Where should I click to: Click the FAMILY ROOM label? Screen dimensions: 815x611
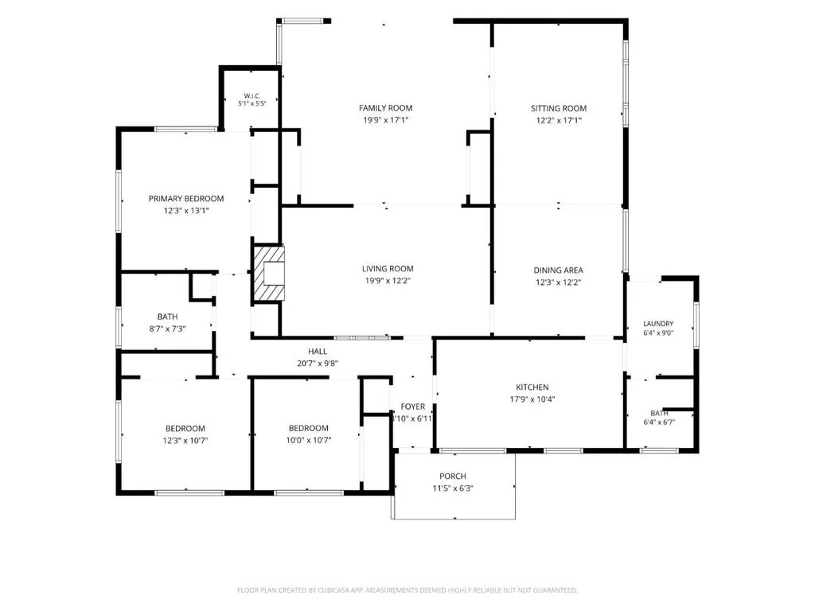pyautogui.click(x=385, y=108)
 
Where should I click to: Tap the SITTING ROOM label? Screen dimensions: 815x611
pyautogui.click(x=558, y=108)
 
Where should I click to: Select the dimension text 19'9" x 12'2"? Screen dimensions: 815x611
pyautogui.click(x=388, y=281)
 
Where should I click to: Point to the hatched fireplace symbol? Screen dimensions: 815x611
pyautogui.click(x=269, y=274)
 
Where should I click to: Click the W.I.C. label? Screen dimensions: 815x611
pyautogui.click(x=252, y=96)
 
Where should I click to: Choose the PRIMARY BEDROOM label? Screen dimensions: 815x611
pyautogui.click(x=186, y=198)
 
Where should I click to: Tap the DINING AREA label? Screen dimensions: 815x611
pyautogui.click(x=558, y=270)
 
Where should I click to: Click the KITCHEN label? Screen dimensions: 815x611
pyautogui.click(x=532, y=387)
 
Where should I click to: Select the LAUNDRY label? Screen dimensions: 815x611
pyautogui.click(x=658, y=324)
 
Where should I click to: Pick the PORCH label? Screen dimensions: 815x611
pyautogui.click(x=453, y=476)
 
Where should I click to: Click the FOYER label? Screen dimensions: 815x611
pyautogui.click(x=413, y=407)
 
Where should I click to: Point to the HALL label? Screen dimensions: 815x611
pyautogui.click(x=318, y=351)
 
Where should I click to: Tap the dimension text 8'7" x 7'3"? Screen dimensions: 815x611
pyautogui.click(x=167, y=329)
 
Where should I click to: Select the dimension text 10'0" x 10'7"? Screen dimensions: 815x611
pyautogui.click(x=309, y=440)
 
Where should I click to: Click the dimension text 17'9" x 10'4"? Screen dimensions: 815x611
pyautogui.click(x=532, y=399)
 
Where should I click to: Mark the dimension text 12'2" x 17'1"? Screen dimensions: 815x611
pyautogui.click(x=559, y=121)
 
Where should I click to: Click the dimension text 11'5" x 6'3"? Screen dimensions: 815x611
pyautogui.click(x=453, y=488)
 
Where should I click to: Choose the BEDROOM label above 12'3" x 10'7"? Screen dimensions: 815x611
pyautogui.click(x=185, y=429)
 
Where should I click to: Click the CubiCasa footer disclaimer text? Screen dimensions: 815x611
pyautogui.click(x=407, y=590)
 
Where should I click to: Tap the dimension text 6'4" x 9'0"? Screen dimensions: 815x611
pyautogui.click(x=658, y=333)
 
